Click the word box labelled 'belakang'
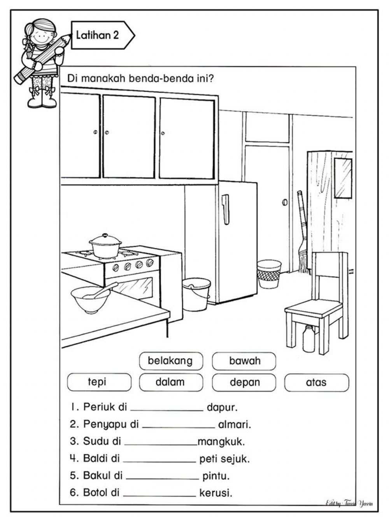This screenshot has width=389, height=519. pos(171,361)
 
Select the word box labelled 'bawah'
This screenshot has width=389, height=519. pos(244,361)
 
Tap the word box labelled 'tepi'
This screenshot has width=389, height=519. pos(99,382)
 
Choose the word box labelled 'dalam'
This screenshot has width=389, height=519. pos(171,382)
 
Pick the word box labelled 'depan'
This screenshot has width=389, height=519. pos(244,382)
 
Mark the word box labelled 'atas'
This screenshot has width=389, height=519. pos(316,382)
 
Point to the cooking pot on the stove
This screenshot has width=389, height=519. pos(105,246)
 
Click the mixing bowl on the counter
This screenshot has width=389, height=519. pos(91,299)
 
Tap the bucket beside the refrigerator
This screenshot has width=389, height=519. pos(196,294)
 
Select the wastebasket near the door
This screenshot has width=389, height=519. pos(269,274)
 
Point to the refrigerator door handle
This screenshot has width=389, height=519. pos(225,209)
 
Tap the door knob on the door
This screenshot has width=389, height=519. pos(284,202)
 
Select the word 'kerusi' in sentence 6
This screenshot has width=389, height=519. pos(216,493)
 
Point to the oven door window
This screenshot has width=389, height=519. pos(134,287)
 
